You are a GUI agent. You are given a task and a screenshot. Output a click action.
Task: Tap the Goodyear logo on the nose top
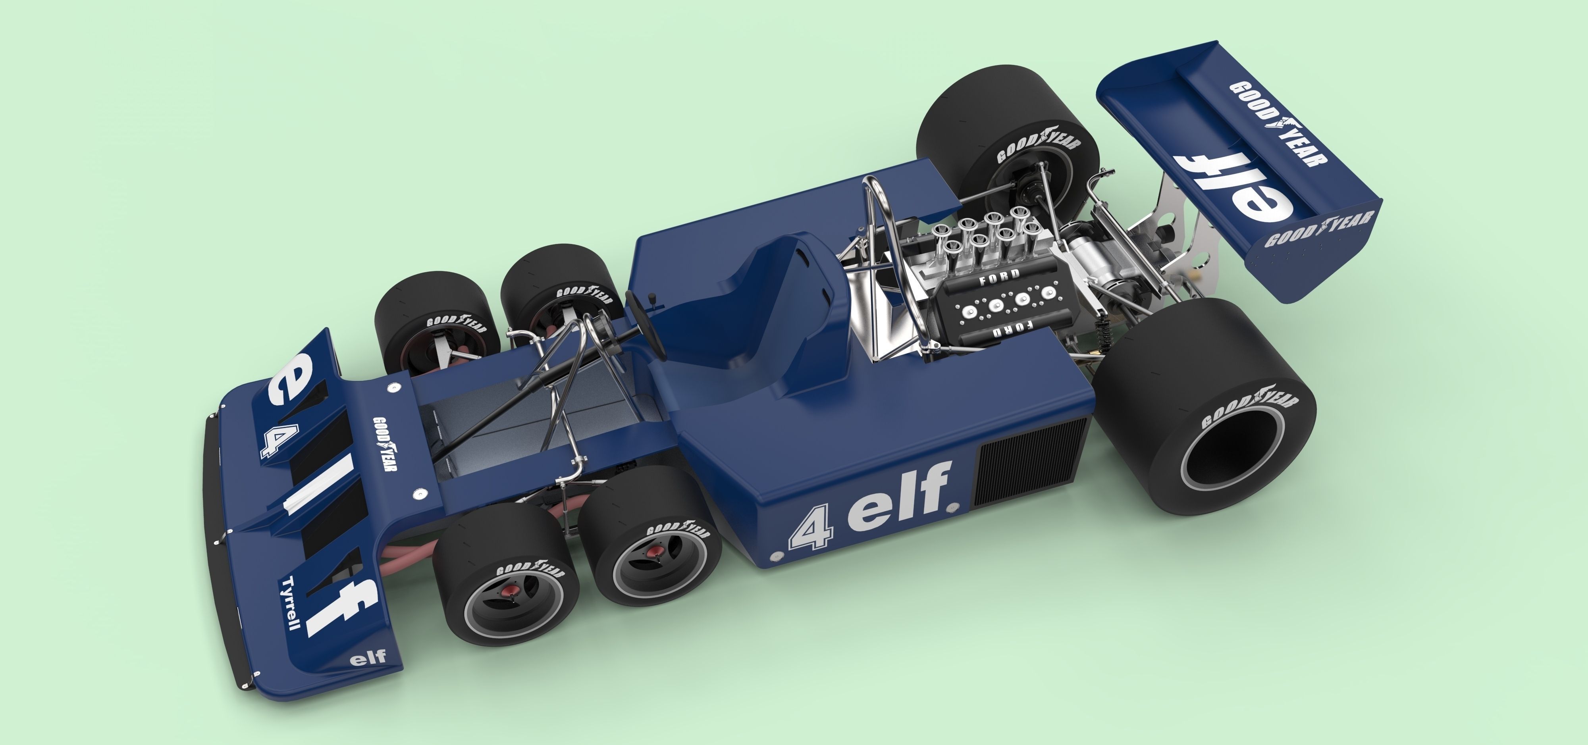click(384, 444)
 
